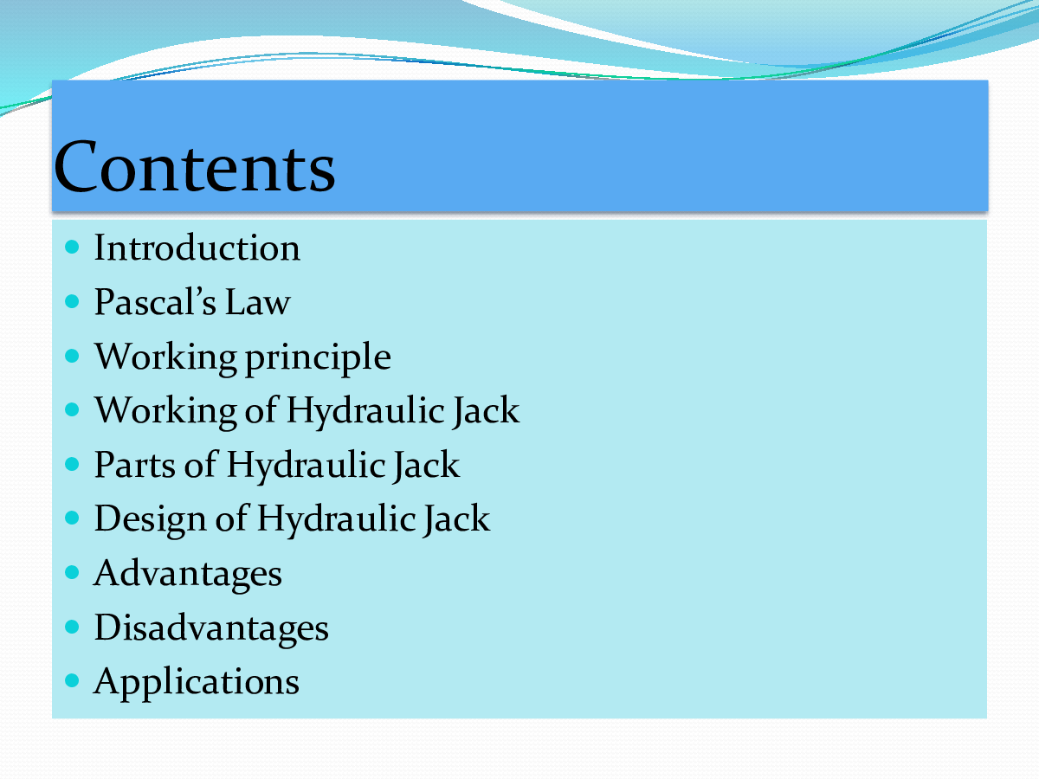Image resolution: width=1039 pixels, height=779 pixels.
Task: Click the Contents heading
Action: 194,167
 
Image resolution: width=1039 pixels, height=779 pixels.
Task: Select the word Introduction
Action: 197,248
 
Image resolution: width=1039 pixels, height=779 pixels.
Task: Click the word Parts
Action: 132,465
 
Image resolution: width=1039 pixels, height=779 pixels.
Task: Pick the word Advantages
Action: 188,573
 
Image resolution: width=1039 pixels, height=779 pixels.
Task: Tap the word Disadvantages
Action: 211,628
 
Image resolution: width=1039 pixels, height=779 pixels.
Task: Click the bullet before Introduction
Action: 72,248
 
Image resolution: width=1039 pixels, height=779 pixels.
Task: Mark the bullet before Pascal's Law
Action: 72,302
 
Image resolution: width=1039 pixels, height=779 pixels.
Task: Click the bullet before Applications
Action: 72,681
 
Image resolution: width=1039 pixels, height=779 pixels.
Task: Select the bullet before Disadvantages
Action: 72,627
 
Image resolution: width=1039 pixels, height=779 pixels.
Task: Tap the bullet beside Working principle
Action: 72,356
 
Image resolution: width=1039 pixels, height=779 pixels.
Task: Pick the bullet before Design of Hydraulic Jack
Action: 72,518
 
